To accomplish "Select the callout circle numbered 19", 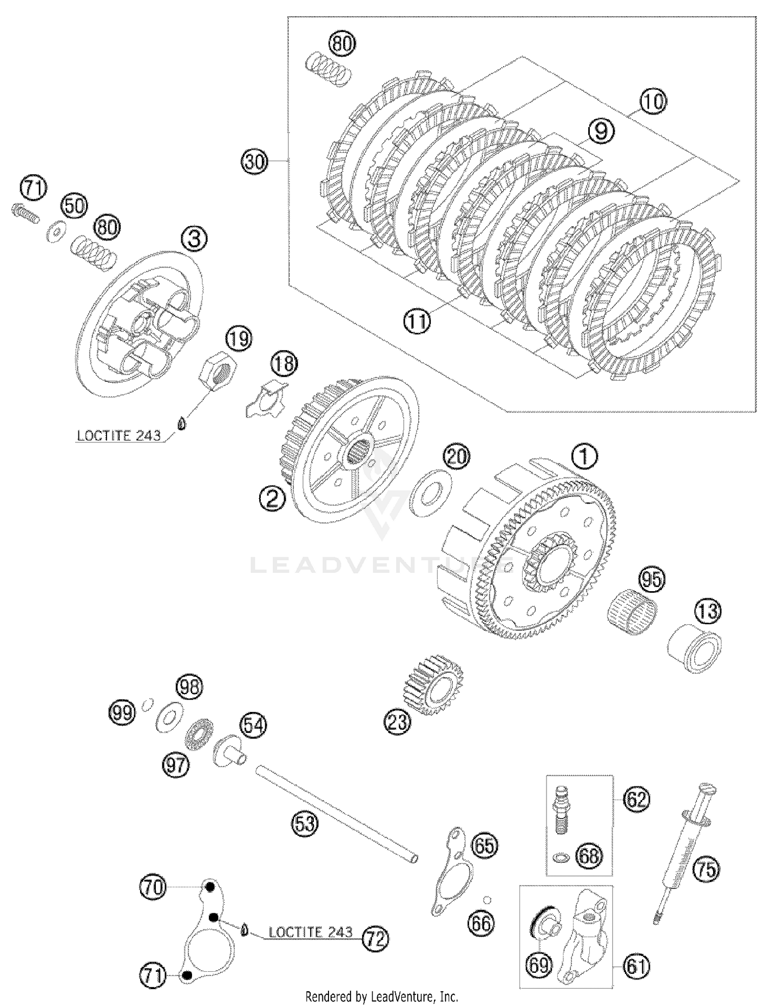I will pyautogui.click(x=239, y=338).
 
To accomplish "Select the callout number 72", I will pyautogui.click(x=375, y=938).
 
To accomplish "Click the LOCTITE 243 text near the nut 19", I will pyautogui.click(x=119, y=436).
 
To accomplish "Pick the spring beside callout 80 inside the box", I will pyautogui.click(x=329, y=68).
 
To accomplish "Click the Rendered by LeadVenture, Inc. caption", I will pyautogui.click(x=381, y=996).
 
